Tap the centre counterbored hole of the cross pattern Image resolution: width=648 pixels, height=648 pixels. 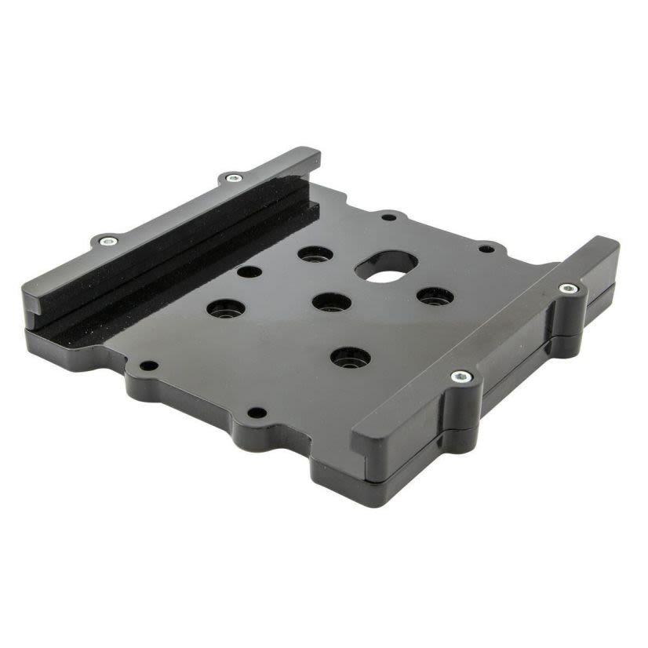[x=331, y=301]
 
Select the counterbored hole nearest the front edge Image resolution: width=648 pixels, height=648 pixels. [x=350, y=358]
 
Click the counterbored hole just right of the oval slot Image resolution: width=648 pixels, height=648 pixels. [x=435, y=297]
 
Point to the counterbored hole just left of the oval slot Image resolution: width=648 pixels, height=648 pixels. [x=315, y=255]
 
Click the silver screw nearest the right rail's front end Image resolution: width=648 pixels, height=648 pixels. [x=462, y=377]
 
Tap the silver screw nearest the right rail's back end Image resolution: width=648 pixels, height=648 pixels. [x=569, y=289]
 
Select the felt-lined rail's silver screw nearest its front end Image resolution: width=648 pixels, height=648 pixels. [x=107, y=240]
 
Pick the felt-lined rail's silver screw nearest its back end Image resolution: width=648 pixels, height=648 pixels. [x=231, y=178]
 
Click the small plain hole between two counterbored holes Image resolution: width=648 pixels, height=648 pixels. [x=249, y=272]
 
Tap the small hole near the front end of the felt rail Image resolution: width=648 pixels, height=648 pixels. [x=147, y=366]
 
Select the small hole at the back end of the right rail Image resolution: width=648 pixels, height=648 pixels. [x=486, y=249]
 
